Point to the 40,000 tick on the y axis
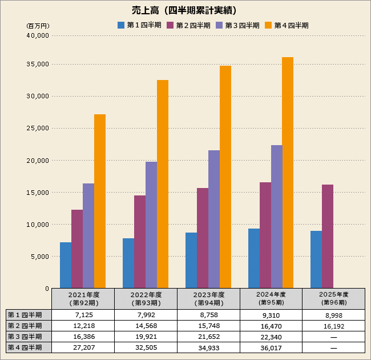coord(38,35)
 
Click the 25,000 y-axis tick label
coord(38,128)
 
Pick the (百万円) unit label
coord(38,26)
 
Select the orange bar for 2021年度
coord(100,201)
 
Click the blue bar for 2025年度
coord(316,259)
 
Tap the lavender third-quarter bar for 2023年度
coord(214,219)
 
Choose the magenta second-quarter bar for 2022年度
coord(140,242)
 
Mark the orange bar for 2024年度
coord(288,173)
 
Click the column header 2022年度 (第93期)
coord(146,298)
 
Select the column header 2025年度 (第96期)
coord(333,298)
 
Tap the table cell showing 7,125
coord(83,315)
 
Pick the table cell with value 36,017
coord(271,347)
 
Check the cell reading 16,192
coord(333,326)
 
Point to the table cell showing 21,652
coord(208,337)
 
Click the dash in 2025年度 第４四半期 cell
coord(333,347)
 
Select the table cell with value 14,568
coord(146,326)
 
